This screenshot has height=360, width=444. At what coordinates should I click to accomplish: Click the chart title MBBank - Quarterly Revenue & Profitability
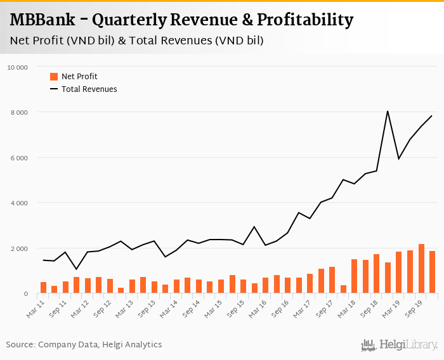point(181,20)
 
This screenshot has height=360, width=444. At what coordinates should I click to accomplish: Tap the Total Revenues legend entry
point(89,89)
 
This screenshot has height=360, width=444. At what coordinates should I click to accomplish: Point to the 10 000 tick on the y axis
point(17,67)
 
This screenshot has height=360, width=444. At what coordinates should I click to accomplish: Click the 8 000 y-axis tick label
point(19,113)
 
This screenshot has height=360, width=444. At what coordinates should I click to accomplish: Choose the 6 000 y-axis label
point(19,158)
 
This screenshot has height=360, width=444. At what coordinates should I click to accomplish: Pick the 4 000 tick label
point(19,203)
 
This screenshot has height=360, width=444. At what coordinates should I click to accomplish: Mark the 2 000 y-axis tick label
point(19,248)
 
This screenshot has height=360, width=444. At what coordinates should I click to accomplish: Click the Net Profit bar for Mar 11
point(43,288)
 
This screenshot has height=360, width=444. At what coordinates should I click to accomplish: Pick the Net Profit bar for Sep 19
point(421,269)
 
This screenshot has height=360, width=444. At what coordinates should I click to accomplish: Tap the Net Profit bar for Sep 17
point(332,280)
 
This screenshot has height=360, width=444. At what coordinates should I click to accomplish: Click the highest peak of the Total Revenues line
point(388,112)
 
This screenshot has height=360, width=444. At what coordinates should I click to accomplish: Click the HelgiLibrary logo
point(400,345)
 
